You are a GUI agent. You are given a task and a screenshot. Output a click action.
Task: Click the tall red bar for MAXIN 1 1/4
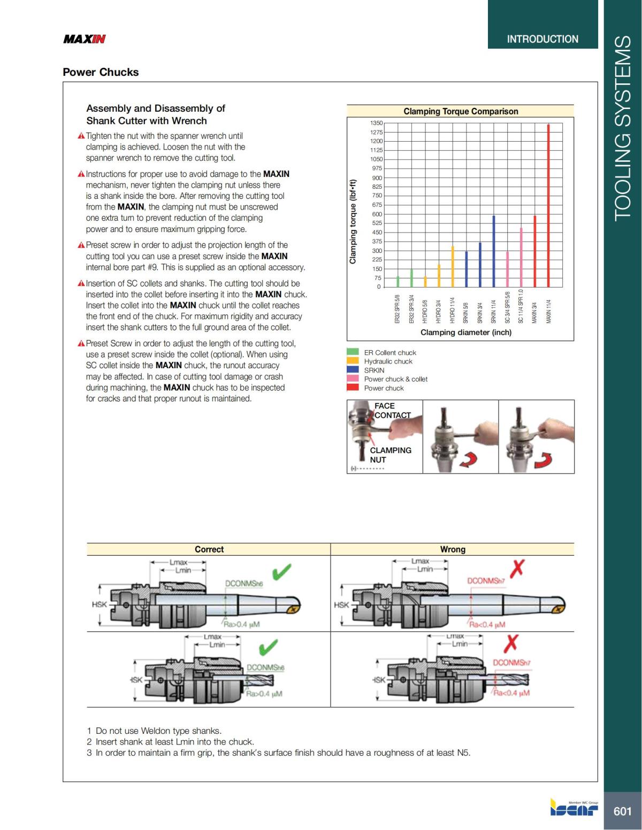[548, 206]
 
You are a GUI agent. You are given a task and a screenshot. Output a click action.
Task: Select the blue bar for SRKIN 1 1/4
[493, 251]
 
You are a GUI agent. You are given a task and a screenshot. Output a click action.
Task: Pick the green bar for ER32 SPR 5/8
[398, 281]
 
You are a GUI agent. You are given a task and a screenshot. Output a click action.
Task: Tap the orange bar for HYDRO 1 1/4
[453, 266]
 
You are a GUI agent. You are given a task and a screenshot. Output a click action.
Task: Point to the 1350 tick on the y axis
[376, 123]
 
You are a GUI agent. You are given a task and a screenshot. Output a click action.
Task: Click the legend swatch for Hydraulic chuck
[353, 361]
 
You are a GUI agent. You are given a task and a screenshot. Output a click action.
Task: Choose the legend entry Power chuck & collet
[395, 379]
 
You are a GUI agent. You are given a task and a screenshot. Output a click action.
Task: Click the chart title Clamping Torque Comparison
[461, 111]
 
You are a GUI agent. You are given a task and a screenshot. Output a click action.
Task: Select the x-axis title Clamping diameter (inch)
[465, 332]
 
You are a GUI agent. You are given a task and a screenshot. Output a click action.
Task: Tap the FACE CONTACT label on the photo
[392, 410]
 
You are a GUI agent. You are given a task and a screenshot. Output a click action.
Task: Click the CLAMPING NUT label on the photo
[390, 455]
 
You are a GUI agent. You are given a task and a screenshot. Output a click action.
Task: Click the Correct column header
[209, 549]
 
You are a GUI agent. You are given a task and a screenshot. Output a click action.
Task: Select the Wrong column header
[453, 549]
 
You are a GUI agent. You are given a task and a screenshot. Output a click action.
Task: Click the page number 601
[622, 811]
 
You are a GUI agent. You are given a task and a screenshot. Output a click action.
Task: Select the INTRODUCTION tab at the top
[542, 39]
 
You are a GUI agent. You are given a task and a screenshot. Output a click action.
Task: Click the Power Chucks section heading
[101, 72]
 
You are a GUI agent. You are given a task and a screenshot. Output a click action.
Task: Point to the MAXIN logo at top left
[85, 39]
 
